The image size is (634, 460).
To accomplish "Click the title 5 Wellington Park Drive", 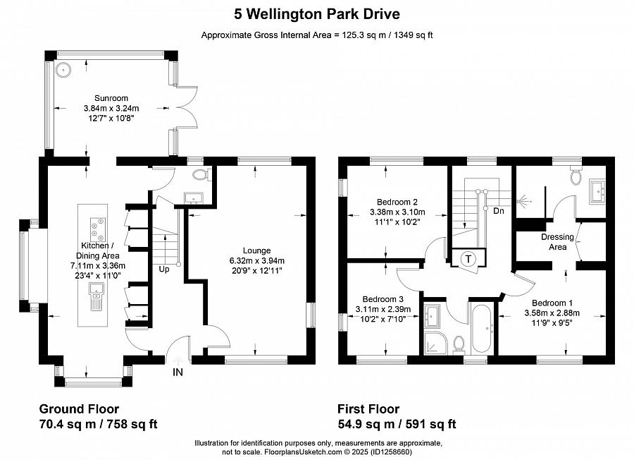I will click(316, 13).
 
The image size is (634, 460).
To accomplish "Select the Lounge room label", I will click(256, 250).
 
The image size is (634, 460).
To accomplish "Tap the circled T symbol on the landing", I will click(468, 259).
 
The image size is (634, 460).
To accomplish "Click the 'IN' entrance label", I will click(178, 372).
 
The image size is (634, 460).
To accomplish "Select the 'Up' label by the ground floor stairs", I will click(163, 270).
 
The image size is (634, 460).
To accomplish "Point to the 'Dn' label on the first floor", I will click(499, 210).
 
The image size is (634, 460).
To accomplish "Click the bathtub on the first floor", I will click(482, 329).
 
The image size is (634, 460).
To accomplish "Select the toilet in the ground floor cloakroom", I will click(201, 174).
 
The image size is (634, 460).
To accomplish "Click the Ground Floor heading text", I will click(78, 409).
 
